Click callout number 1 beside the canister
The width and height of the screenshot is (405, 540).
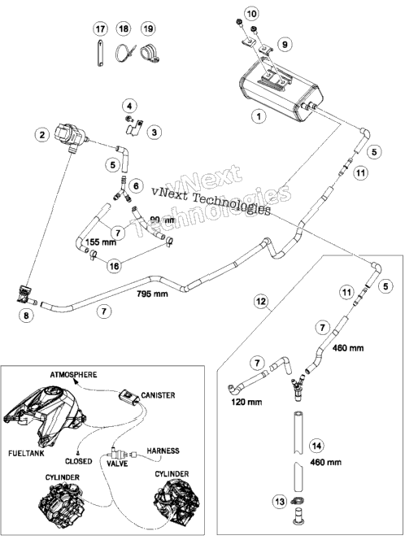(x=259, y=116)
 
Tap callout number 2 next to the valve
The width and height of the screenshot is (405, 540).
(x=42, y=134)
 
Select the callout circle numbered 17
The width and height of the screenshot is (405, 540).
(x=100, y=28)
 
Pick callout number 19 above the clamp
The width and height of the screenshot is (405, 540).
(x=149, y=28)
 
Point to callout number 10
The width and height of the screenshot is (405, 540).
(x=252, y=14)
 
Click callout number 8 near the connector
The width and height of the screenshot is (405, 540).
(x=27, y=315)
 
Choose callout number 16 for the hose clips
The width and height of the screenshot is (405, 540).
(x=115, y=266)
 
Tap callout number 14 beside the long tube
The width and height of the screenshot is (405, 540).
(x=316, y=446)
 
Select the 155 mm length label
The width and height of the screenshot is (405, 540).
(x=101, y=242)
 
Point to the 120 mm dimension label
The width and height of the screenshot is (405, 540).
(x=246, y=402)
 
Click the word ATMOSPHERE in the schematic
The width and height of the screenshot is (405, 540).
(x=73, y=374)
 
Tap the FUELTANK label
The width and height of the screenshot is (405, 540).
(x=27, y=453)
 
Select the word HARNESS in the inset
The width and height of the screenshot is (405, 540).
(x=163, y=451)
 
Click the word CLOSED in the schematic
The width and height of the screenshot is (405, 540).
(x=79, y=461)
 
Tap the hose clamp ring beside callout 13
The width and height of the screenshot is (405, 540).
(x=298, y=500)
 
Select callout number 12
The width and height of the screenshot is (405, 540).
(x=261, y=302)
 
